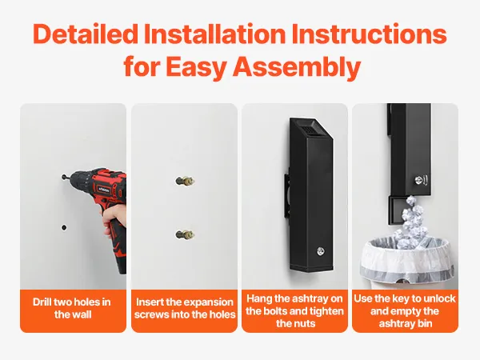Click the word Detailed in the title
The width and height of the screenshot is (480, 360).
(86, 34)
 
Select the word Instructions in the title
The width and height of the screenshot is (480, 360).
(369, 34)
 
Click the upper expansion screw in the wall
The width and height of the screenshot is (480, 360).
(185, 181)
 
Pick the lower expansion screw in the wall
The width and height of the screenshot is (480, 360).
(185, 234)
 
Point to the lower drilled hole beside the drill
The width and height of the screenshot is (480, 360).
(64, 227)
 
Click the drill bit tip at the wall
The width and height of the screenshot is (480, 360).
(63, 177)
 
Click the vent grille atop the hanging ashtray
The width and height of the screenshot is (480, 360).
(309, 130)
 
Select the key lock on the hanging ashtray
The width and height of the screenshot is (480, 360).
(321, 251)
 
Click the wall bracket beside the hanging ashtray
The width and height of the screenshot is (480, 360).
(288, 195)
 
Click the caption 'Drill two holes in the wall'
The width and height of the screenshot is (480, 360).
(72, 308)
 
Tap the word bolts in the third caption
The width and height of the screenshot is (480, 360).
(274, 311)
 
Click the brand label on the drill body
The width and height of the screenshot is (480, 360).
(102, 189)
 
